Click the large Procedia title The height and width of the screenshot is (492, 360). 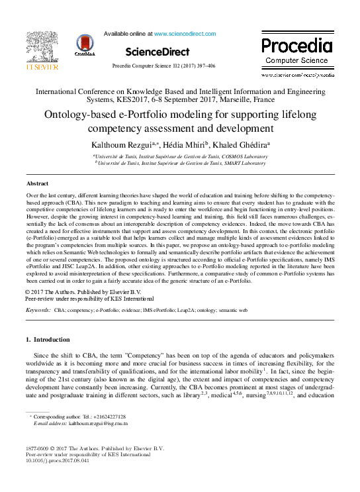(296, 46)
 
